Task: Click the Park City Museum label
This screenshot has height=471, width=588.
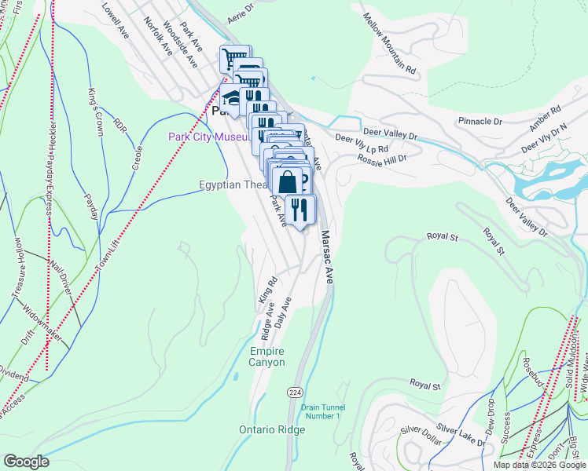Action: pyautogui.click(x=208, y=137)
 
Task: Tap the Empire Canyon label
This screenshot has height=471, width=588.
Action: pyautogui.click(x=266, y=356)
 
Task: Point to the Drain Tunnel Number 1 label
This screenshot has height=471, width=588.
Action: pyautogui.click(x=322, y=411)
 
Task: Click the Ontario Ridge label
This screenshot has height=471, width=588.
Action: pyautogui.click(x=266, y=429)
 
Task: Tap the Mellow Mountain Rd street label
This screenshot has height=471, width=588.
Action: pyautogui.click(x=389, y=43)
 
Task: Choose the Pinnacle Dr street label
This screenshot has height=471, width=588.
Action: pyautogui.click(x=480, y=122)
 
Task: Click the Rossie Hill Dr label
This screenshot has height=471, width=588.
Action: pyautogui.click(x=381, y=159)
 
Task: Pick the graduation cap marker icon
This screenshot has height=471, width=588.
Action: pyautogui.click(x=231, y=98)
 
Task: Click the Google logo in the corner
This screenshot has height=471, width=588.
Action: pyautogui.click(x=26, y=462)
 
